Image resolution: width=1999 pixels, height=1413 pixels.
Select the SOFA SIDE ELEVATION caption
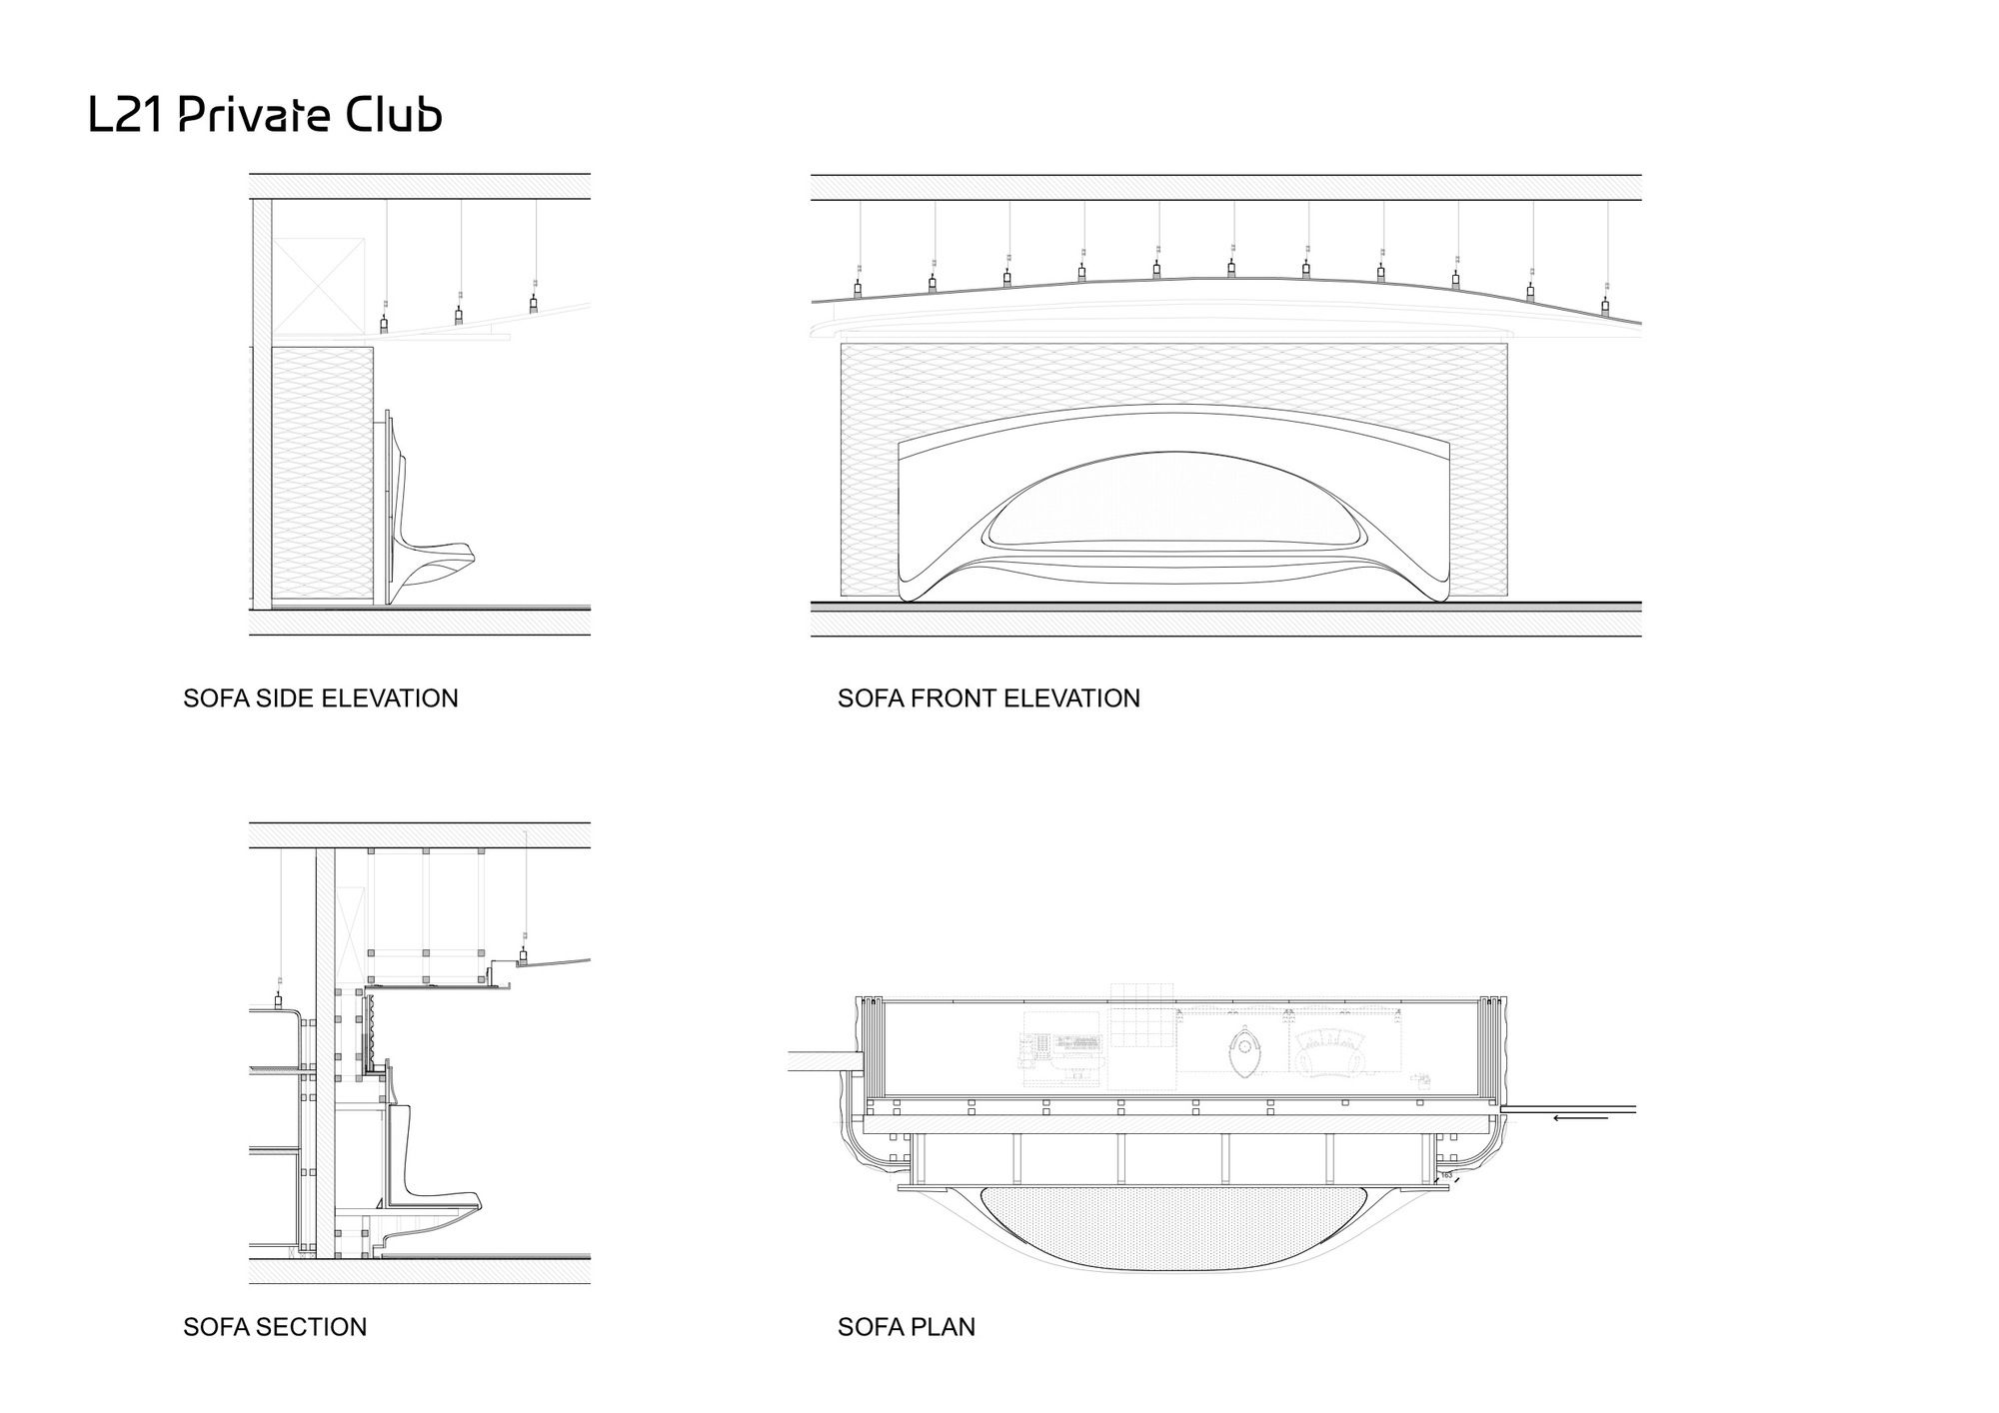(x=320, y=698)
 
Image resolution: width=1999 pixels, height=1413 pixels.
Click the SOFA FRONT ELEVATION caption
(x=989, y=698)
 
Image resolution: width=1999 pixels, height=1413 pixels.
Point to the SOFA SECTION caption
(x=275, y=1327)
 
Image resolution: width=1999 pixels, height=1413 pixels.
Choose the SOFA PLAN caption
(x=906, y=1327)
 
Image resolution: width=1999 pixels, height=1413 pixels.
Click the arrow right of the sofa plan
(x=1580, y=1117)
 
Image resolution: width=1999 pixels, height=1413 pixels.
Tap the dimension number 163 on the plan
(x=1446, y=1175)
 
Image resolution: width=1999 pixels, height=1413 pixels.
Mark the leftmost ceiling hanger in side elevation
(x=384, y=324)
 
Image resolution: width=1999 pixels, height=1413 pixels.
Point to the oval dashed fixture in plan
(x=1244, y=1053)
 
